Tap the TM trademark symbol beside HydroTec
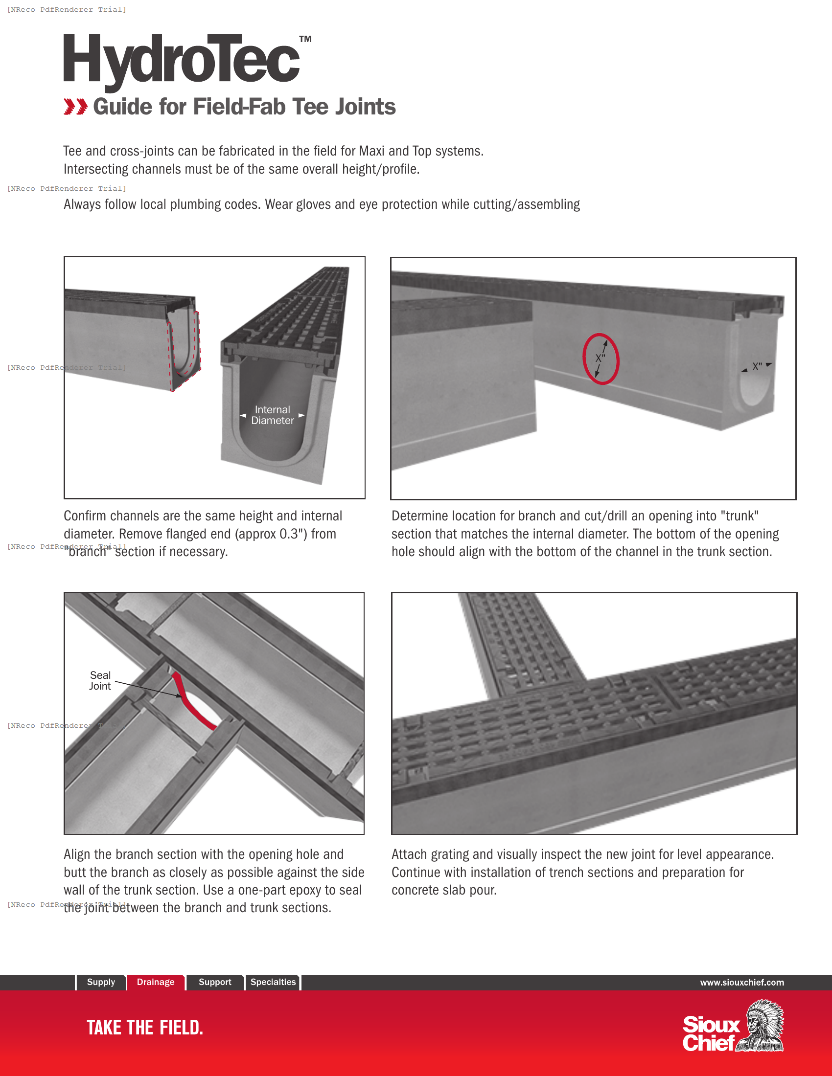[x=305, y=39]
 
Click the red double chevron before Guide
[x=75, y=107]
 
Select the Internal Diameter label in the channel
[x=273, y=415]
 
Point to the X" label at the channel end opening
[x=757, y=366]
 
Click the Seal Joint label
[x=100, y=680]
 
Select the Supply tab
[x=100, y=982]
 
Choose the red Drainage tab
[x=155, y=982]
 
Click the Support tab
[x=214, y=982]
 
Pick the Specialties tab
[x=273, y=982]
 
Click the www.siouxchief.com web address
[x=742, y=983]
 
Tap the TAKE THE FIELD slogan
[x=144, y=1027]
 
